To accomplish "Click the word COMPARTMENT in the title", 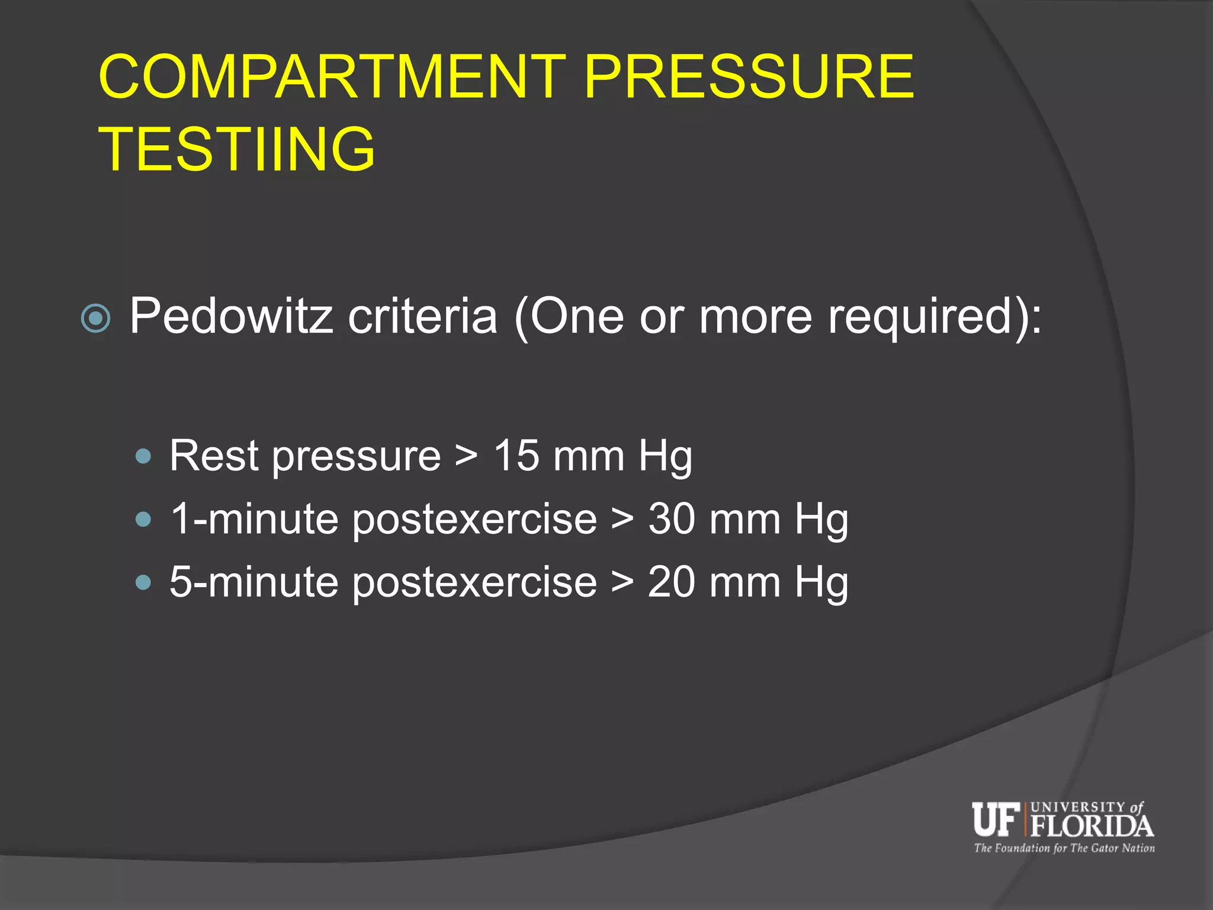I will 332,76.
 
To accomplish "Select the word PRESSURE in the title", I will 749,76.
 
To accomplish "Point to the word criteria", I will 422,316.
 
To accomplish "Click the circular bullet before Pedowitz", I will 95,318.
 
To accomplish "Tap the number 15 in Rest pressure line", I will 516,456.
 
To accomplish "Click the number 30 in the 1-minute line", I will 672,519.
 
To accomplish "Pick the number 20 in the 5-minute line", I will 672,582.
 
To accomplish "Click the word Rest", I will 214,456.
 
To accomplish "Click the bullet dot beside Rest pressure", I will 143,457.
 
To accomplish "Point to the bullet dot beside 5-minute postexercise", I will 143,582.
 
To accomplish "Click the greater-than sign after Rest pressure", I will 466,457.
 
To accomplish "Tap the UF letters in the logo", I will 996,819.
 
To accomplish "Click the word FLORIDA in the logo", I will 1092,826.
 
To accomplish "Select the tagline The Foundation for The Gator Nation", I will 1064,848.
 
